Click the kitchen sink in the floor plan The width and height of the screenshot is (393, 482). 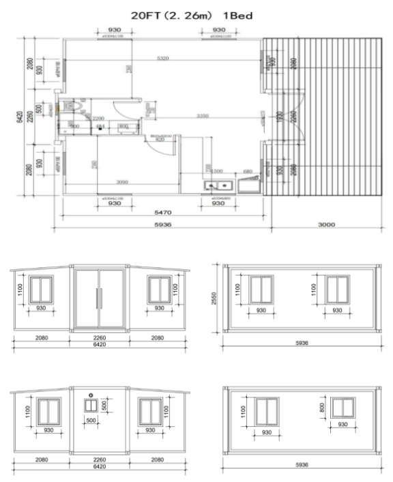(220, 185)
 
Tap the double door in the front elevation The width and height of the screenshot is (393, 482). (98, 298)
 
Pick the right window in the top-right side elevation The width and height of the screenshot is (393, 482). (337, 290)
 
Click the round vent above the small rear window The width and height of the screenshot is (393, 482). (90, 394)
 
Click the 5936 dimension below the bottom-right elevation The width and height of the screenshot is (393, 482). (300, 466)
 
